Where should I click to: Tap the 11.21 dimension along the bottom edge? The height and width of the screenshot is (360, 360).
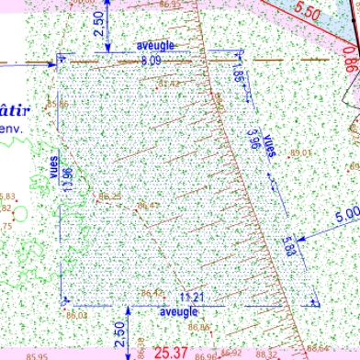click(192, 297)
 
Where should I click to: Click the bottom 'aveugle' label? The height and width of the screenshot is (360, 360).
click(179, 312)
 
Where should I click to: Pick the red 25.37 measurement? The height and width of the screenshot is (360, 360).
click(171, 352)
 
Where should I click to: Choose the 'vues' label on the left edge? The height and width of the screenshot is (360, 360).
click(53, 165)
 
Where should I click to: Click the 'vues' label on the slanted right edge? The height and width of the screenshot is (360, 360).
click(269, 147)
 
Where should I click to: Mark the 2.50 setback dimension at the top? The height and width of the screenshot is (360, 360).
click(99, 21)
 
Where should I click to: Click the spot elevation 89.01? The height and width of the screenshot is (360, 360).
click(301, 152)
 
